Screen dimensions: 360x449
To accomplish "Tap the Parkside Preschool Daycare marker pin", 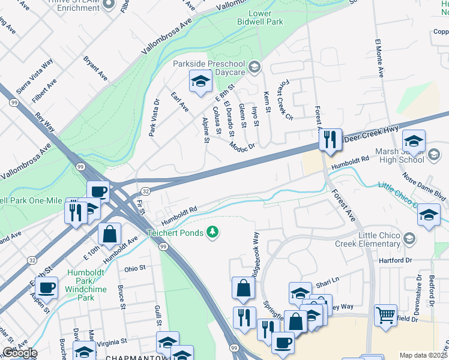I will [255, 67].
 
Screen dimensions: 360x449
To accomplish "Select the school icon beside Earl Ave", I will [200, 82].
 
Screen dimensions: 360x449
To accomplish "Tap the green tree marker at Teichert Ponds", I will [212, 232].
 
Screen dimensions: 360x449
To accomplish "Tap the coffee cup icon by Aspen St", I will [46, 288].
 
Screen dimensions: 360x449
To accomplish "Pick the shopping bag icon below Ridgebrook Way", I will [243, 289].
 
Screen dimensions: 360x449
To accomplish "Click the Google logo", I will [19, 353].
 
